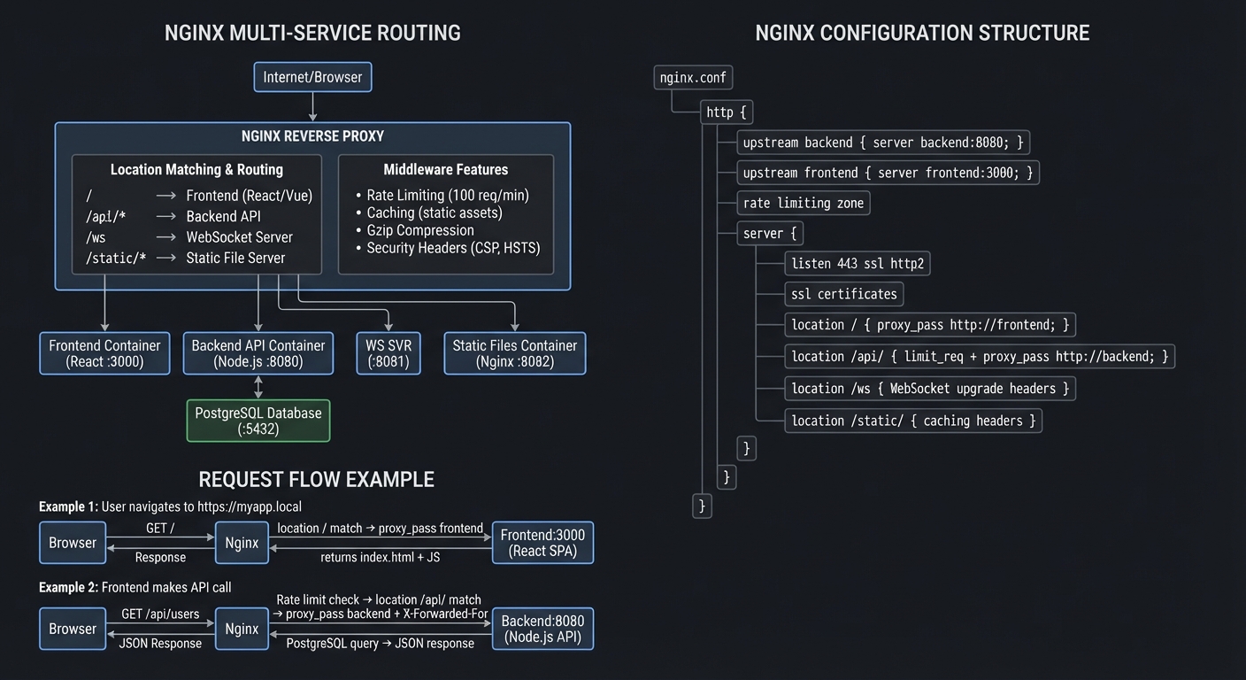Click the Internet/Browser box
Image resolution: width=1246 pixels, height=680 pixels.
point(312,77)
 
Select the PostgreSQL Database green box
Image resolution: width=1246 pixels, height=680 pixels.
point(258,421)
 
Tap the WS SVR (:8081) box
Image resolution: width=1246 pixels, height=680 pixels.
point(389,353)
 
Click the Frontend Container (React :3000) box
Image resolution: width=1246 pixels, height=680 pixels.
point(104,353)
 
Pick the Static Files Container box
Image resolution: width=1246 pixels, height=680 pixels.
point(514,353)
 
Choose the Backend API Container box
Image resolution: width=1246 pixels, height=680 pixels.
point(258,353)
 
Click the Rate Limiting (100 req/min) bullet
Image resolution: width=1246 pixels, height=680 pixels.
point(447,195)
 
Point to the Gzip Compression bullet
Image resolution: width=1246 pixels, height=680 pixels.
point(420,230)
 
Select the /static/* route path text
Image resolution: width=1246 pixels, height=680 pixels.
point(116,259)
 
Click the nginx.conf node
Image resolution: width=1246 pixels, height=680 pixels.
point(693,78)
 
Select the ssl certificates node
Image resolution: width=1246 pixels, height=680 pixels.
point(844,294)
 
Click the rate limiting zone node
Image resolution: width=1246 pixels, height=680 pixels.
point(804,203)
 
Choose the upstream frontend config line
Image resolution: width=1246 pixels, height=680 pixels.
point(888,173)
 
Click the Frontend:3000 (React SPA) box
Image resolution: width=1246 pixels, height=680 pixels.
point(542,543)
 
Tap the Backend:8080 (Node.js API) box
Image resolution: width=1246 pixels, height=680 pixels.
point(542,629)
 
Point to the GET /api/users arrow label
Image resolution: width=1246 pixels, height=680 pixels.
point(160,614)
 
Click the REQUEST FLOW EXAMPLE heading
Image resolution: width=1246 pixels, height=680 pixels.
point(316,480)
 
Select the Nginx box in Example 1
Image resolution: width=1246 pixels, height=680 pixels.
point(242,543)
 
